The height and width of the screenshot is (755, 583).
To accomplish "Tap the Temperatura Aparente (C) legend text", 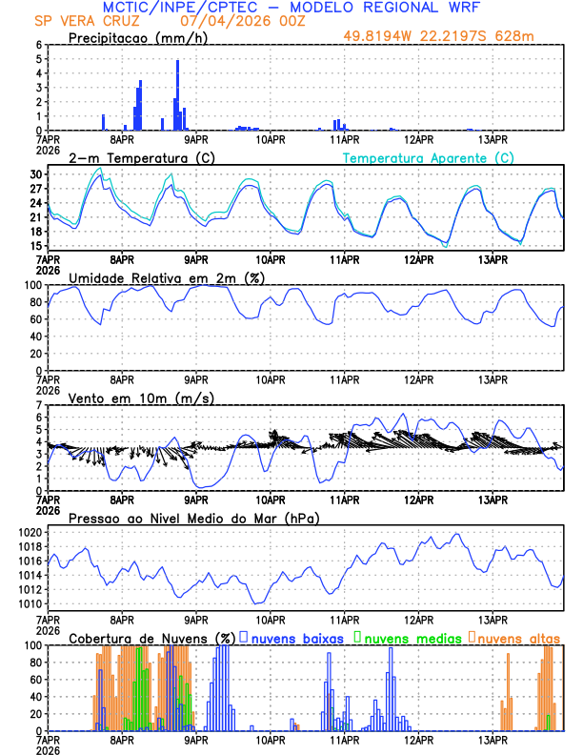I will (428, 157).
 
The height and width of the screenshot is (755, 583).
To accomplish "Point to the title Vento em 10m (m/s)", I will (141, 398).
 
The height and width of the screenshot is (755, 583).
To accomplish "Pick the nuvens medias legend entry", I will (406, 637).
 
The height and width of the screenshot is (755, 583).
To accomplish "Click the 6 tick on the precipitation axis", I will (38, 45).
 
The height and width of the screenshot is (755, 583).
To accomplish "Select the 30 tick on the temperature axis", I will (35, 174).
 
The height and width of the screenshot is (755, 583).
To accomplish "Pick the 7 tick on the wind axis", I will (38, 405).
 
